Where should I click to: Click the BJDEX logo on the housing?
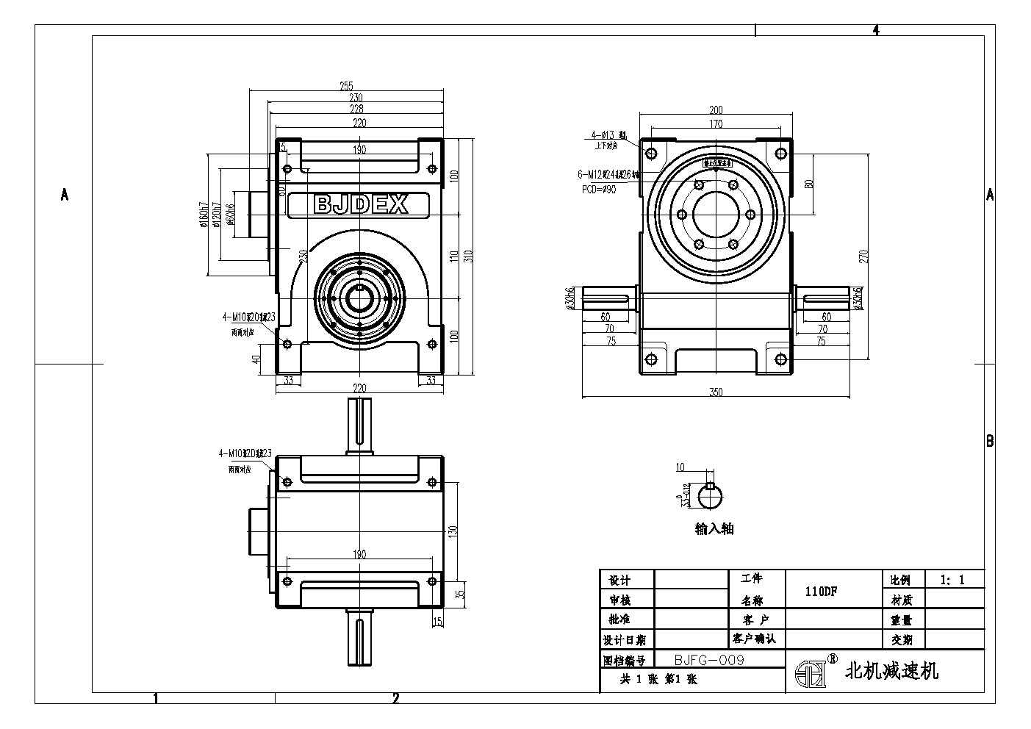click(360, 204)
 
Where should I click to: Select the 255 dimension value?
click(347, 85)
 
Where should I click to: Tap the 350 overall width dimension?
click(716, 392)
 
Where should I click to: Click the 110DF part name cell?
click(822, 591)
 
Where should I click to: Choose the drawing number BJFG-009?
click(709, 660)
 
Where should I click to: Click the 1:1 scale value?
click(952, 580)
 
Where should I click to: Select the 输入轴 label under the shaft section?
click(714, 528)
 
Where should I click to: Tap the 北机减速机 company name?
click(892, 670)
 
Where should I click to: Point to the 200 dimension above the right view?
click(716, 109)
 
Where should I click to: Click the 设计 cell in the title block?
click(616, 581)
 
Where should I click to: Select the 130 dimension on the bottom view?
click(453, 530)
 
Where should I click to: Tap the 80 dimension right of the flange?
click(809, 184)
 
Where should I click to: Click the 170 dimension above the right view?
click(716, 124)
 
